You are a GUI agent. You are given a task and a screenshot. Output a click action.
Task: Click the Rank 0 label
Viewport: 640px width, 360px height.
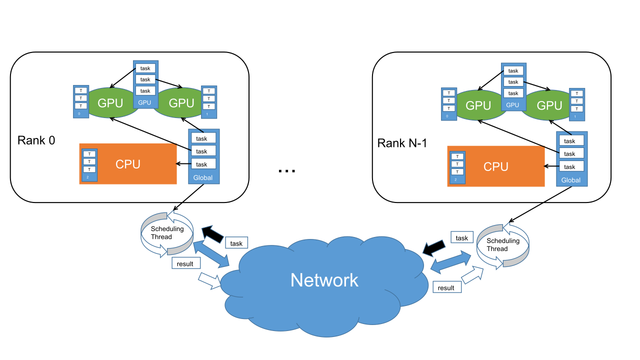pyautogui.click(x=36, y=140)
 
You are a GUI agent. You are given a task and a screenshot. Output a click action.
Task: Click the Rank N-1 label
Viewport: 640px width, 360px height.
pyautogui.click(x=403, y=143)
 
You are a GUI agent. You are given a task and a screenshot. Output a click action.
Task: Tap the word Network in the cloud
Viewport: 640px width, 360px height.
pyautogui.click(x=324, y=280)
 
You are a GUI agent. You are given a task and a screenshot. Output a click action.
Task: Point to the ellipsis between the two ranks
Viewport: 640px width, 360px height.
pyautogui.click(x=286, y=170)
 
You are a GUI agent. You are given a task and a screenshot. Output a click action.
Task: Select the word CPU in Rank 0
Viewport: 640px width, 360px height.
pyautogui.click(x=128, y=164)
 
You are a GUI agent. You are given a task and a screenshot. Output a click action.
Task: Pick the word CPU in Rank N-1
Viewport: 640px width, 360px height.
pyautogui.click(x=496, y=167)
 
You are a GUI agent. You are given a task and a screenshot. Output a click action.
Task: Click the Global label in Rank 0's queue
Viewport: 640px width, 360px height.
pyautogui.click(x=203, y=177)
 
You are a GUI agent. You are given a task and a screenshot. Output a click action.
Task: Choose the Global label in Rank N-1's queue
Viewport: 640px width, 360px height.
pyautogui.click(x=571, y=180)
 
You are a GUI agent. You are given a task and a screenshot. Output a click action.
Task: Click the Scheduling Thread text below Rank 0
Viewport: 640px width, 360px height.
pyautogui.click(x=167, y=233)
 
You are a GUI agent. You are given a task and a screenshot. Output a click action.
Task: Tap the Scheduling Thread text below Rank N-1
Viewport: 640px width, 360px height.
pyautogui.click(x=503, y=245)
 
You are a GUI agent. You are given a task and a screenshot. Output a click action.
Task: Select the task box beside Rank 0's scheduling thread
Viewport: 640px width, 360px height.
pyautogui.click(x=236, y=243)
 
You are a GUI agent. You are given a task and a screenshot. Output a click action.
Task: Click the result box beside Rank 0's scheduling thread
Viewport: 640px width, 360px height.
pyautogui.click(x=185, y=263)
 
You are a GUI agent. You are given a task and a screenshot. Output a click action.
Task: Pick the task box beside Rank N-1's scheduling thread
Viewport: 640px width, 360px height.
pyautogui.click(x=462, y=238)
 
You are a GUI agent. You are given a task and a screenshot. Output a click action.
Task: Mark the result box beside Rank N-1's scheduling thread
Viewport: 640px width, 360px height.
pyautogui.click(x=446, y=287)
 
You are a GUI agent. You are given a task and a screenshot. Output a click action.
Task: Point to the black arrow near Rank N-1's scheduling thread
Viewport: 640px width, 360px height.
pyautogui.click(x=433, y=246)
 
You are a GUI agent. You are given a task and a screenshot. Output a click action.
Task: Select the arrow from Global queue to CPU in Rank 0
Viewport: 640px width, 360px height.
pyautogui.click(x=182, y=164)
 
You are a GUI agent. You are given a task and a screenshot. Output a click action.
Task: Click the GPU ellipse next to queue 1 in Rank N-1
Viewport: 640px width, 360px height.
pyautogui.click(x=549, y=105)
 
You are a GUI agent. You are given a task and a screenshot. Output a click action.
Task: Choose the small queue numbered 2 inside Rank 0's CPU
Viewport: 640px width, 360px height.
pyautogui.click(x=88, y=164)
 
